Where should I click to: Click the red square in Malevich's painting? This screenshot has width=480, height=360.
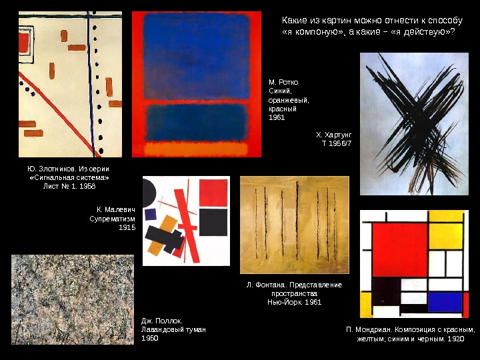[213, 193]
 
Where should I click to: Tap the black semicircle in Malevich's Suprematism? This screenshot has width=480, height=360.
[149, 193]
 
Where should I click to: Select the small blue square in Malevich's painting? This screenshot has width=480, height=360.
[150, 215]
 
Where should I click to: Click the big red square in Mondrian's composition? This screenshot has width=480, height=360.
[400, 250]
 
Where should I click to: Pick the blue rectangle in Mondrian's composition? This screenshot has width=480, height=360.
[445, 302]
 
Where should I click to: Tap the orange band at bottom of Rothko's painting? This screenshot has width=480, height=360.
[196, 149]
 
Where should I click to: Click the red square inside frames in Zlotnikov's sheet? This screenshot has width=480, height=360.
[24, 43]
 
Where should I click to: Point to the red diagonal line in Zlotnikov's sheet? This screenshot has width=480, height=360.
[58, 114]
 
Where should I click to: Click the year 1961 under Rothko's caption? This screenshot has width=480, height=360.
[277, 117]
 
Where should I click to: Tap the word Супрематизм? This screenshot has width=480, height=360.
[113, 219]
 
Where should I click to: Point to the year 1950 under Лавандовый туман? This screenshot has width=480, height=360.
[150, 338]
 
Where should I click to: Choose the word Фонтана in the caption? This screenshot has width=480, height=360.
[271, 285]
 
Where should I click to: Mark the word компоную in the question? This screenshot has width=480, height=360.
[319, 31]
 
